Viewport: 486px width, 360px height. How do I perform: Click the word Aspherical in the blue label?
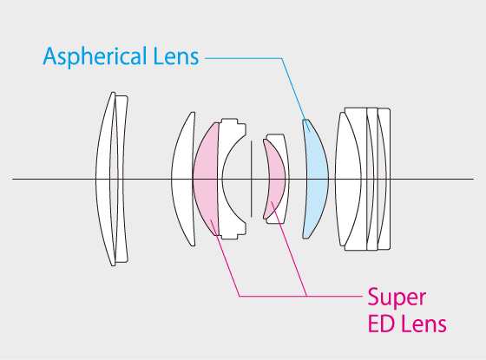[95, 56]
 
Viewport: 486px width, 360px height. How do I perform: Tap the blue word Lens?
[176, 56]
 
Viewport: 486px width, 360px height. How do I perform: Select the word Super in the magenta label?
[397, 298]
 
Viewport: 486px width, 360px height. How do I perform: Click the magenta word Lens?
[424, 324]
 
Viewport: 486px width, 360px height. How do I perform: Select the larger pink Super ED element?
[205, 179]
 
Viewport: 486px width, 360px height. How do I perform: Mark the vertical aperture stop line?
[251, 179]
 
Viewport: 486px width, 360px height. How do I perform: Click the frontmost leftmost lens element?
[103, 179]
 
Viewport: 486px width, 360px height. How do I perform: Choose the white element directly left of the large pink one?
[182, 179]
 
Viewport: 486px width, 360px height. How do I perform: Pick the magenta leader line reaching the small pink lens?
[289, 249]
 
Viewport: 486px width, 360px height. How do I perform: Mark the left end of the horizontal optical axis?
[13, 179]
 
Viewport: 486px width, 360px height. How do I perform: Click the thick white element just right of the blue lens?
[348, 179]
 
